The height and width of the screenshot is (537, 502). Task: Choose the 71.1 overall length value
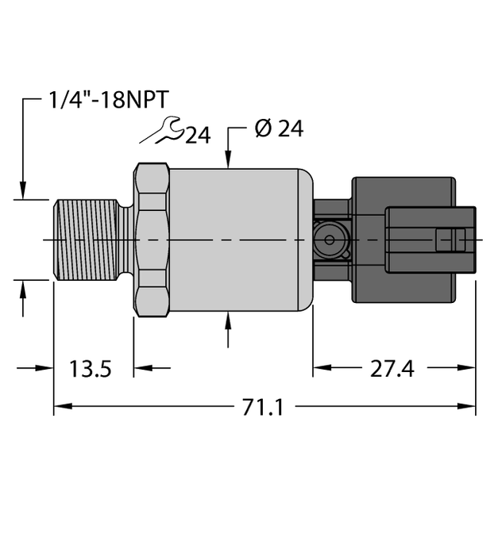coord(263,408)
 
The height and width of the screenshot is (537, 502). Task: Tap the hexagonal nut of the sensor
coord(153,239)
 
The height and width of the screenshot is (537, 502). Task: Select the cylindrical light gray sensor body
coord(238,239)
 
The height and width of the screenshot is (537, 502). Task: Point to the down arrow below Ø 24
coord(229,159)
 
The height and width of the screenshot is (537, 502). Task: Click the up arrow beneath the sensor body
coord(229,321)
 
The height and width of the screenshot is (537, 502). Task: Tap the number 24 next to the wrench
coord(198,136)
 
